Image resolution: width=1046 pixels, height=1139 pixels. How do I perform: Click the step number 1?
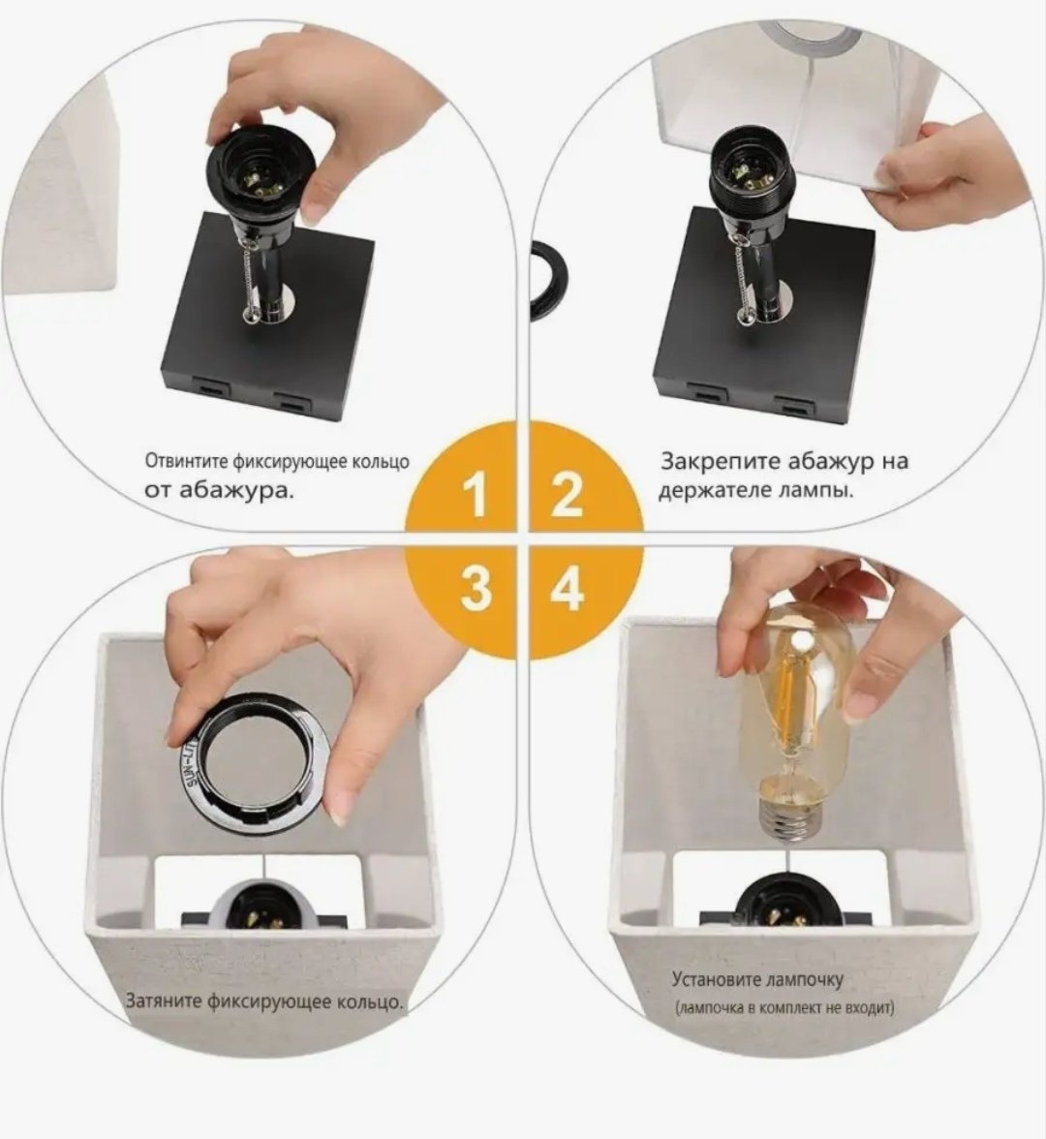475,494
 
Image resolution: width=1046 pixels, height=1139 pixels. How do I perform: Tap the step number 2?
568,494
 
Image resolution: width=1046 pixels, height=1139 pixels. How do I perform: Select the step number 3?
475,587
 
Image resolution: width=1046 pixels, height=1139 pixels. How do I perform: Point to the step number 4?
568,587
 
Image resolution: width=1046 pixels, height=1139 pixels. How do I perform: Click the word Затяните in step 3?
165,1000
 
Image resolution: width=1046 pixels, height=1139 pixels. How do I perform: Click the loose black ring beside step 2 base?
543,284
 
